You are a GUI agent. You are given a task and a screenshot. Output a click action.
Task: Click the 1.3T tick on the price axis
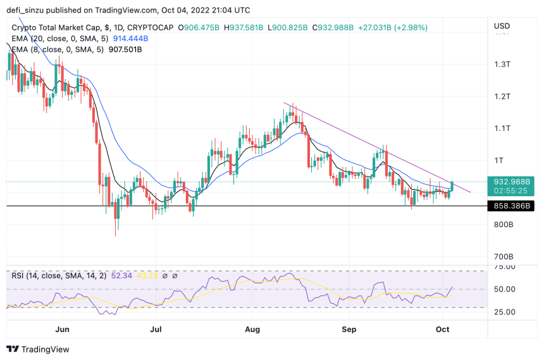tap(502, 65)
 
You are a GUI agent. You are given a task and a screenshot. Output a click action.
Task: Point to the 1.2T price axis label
tap(502, 96)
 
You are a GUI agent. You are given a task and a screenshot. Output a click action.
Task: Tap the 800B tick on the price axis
tap(503, 225)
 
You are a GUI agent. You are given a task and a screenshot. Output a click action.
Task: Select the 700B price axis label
tap(503, 257)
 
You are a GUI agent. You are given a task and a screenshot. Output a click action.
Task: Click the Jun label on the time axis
tap(62, 329)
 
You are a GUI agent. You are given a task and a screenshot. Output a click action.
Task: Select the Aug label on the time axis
tap(252, 329)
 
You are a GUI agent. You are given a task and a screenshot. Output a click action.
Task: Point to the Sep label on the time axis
tap(349, 329)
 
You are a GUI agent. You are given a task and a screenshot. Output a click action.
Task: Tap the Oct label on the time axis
tap(443, 329)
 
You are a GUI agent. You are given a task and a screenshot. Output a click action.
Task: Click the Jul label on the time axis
tap(156, 329)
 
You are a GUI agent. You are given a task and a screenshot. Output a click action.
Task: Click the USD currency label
tap(502, 26)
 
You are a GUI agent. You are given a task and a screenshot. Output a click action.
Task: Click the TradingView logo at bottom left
tap(38, 349)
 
